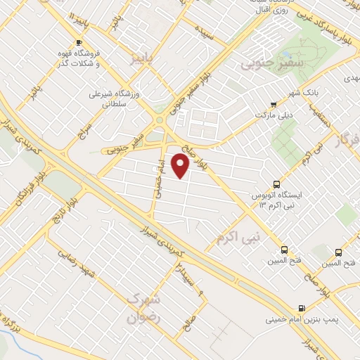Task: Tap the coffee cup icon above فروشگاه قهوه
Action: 79,42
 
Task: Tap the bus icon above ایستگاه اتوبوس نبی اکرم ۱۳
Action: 275,184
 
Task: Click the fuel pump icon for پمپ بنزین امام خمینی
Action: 302,308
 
